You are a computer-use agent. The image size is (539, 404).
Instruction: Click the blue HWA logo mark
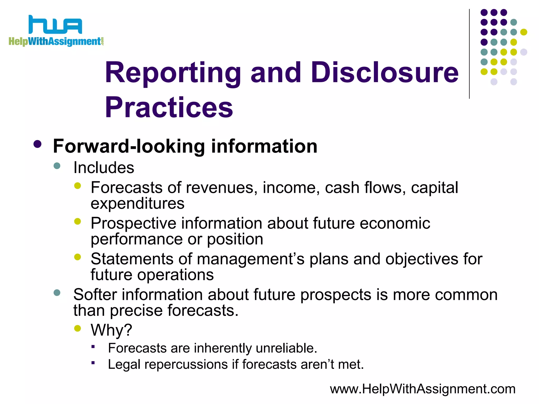[x=55, y=25]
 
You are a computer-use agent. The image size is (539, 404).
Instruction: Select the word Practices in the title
[x=169, y=107]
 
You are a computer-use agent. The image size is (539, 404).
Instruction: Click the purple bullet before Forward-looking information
[x=38, y=144]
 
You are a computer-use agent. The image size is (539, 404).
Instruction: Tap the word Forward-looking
[x=129, y=146]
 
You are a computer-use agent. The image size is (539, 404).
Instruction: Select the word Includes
[x=104, y=168]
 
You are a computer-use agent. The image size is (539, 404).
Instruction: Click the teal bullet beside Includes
[x=57, y=166]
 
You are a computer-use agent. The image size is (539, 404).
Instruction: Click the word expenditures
[x=137, y=203]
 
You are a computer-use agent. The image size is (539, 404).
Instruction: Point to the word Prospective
[x=133, y=224]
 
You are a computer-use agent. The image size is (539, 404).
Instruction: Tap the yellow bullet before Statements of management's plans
[x=78, y=257]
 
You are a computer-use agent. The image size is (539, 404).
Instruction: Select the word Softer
[x=95, y=294]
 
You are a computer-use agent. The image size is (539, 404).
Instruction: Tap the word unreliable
[x=286, y=348]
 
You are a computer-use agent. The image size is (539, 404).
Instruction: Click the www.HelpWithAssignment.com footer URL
[x=422, y=389]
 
